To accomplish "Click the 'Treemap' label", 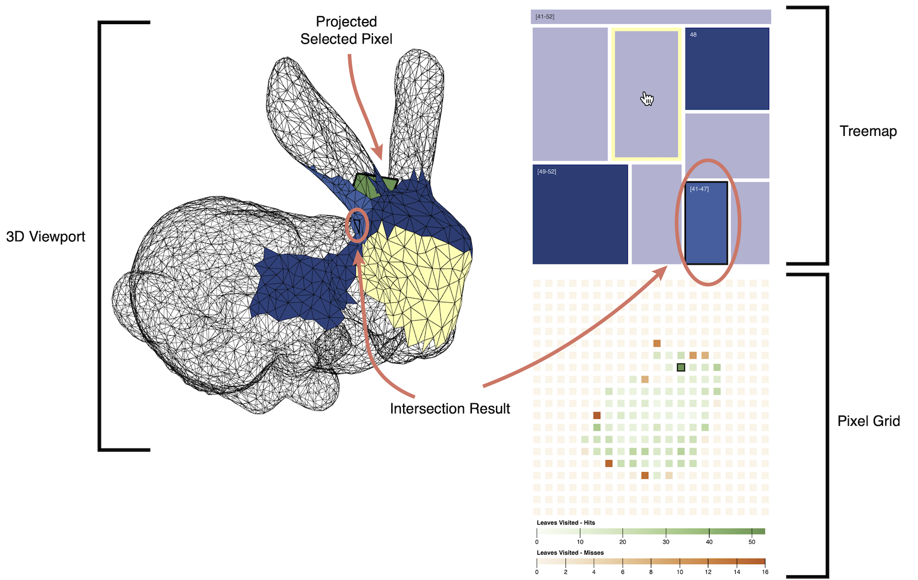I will point(867,131).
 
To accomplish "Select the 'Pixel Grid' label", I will point(868,421).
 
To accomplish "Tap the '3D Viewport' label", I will point(46,236).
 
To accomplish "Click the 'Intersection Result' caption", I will point(450,409).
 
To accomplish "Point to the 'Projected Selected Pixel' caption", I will point(346,30).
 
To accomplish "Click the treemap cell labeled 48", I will point(727,69).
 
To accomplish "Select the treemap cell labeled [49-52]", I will point(580,214).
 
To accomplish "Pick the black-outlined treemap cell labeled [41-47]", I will point(706,223).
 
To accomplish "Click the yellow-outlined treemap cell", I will point(646,94).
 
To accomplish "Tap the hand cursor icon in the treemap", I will point(647,99).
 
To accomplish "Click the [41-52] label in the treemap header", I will point(545,17).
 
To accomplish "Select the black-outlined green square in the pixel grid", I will point(681,367).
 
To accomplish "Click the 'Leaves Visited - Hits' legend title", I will point(565,523).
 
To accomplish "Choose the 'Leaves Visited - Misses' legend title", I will point(570,553).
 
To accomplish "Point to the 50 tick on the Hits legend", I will point(752,542).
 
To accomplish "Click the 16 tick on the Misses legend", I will point(765,572).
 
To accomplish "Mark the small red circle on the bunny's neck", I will point(357,225).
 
